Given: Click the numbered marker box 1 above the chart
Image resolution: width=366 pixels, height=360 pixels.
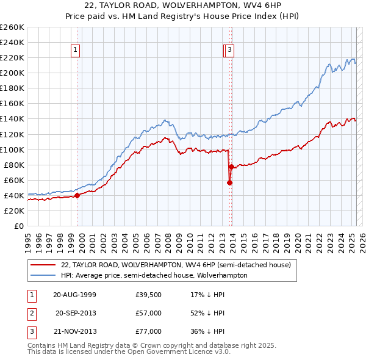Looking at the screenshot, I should point(75,51).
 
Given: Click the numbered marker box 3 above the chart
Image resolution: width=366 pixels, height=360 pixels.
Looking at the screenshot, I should point(229,51).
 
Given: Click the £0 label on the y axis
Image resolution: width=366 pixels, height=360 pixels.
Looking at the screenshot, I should point(20,226).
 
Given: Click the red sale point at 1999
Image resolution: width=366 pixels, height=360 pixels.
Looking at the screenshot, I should point(77,195).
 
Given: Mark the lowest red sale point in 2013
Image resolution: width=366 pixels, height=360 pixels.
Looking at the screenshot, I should point(229,182).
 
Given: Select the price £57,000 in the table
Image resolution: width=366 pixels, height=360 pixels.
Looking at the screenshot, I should point(148,313).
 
